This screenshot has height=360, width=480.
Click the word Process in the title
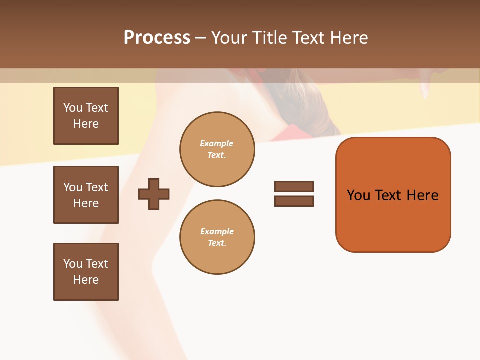(x=157, y=38)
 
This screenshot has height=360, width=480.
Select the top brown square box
(x=86, y=116)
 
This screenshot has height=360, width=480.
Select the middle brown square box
(x=86, y=195)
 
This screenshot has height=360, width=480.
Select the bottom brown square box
(x=86, y=272)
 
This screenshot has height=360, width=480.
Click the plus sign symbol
(x=154, y=194)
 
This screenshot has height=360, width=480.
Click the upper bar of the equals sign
(x=294, y=186)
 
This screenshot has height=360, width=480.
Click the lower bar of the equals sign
(x=294, y=201)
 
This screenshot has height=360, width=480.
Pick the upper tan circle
(x=217, y=149)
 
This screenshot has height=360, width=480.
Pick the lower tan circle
(x=217, y=237)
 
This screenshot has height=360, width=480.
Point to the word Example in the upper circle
(x=216, y=143)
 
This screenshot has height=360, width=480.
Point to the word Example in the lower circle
(x=217, y=231)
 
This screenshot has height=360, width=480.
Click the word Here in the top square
(x=86, y=124)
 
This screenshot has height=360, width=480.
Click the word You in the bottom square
(x=73, y=264)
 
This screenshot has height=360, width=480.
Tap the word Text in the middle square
(x=97, y=187)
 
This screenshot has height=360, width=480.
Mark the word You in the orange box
(x=358, y=195)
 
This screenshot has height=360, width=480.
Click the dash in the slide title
(x=200, y=38)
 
